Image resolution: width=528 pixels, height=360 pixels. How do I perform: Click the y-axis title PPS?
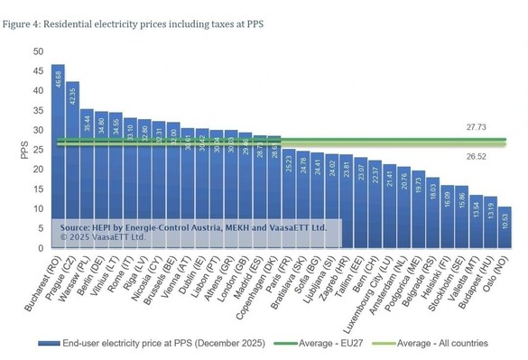coord(24,150)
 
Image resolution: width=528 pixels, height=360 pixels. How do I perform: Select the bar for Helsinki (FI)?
coord(447,217)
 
